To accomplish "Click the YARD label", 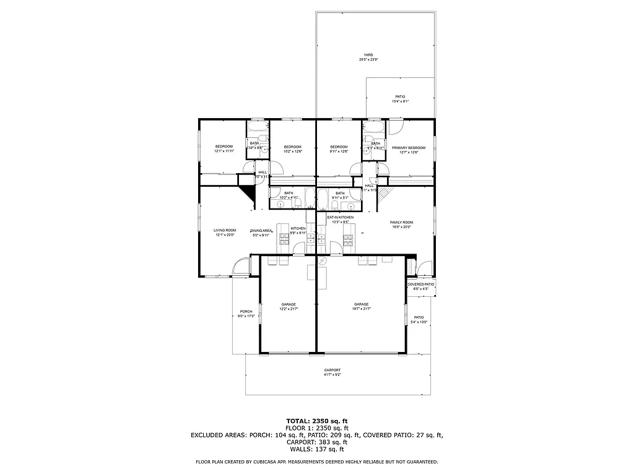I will [x=368, y=54].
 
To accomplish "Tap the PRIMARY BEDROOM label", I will [x=409, y=148].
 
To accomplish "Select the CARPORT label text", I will [x=332, y=370].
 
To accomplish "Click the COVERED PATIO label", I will [x=421, y=285].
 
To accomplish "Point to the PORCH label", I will [x=246, y=311].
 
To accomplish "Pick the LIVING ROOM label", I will [x=225, y=230].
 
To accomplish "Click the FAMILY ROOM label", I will [x=401, y=222].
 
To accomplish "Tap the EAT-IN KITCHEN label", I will [x=341, y=218].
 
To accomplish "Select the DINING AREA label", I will [x=261, y=230].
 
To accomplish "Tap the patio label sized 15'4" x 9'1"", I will [x=400, y=96].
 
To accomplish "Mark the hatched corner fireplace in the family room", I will [x=384, y=195].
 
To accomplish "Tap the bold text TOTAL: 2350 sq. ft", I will [x=316, y=421].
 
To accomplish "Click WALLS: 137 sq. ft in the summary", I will [x=316, y=450].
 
